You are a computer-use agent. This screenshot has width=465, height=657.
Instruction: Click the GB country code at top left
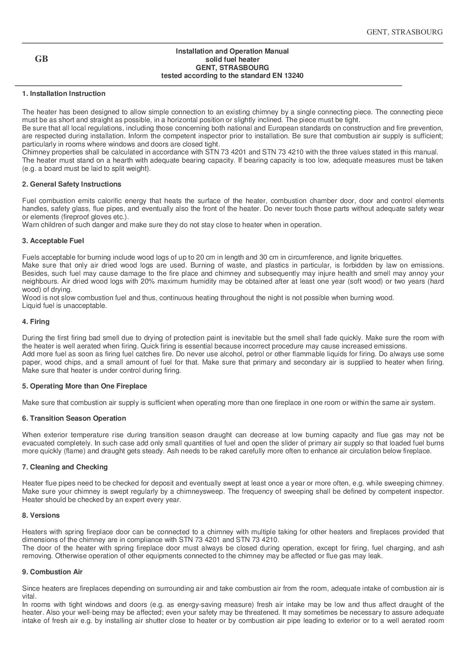[41, 59]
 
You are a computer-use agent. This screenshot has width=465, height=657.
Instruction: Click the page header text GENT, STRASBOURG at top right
[404, 32]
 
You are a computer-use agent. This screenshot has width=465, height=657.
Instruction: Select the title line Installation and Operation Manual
[232, 51]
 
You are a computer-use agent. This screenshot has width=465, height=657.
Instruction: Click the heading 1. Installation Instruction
[63, 94]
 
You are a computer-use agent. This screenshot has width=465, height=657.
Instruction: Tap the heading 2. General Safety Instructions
[71, 184]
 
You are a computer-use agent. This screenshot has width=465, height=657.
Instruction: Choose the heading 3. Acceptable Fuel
[53, 241]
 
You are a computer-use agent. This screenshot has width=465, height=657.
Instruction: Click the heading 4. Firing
[36, 322]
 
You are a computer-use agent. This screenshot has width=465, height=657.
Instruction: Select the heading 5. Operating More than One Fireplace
[84, 386]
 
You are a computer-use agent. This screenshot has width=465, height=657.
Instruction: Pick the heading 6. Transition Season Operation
[74, 418]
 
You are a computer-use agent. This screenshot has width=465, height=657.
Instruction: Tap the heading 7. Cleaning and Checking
[64, 467]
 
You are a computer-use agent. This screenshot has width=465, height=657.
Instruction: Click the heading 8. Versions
[40, 515]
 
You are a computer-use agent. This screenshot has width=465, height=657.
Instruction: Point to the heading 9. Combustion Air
[52, 572]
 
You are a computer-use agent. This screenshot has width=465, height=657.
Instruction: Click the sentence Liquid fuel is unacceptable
[64, 306]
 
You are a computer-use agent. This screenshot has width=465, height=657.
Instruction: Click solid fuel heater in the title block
[232, 60]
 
